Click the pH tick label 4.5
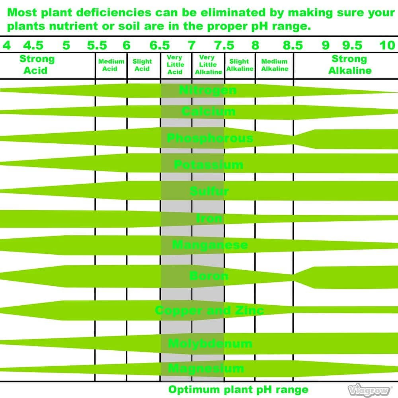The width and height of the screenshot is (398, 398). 33,45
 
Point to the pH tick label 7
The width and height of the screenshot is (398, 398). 192,45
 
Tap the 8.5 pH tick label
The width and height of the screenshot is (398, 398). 293,45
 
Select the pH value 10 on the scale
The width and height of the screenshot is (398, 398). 387,45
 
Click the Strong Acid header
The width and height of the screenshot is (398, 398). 37,65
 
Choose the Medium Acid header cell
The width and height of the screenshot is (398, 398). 111,65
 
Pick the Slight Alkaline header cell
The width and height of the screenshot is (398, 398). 240,65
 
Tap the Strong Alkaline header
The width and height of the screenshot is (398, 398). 349,65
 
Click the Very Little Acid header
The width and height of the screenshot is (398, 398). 175,65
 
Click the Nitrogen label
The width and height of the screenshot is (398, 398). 207,90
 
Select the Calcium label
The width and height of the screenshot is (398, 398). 208,111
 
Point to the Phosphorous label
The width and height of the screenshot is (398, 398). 210,139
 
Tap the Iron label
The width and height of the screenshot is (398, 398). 209,218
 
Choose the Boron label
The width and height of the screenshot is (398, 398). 209,275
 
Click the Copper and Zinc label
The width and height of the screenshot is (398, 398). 209,310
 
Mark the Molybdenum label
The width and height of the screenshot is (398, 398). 210,343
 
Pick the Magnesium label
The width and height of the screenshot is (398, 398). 206,368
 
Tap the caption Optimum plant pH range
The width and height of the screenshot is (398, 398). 238,389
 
